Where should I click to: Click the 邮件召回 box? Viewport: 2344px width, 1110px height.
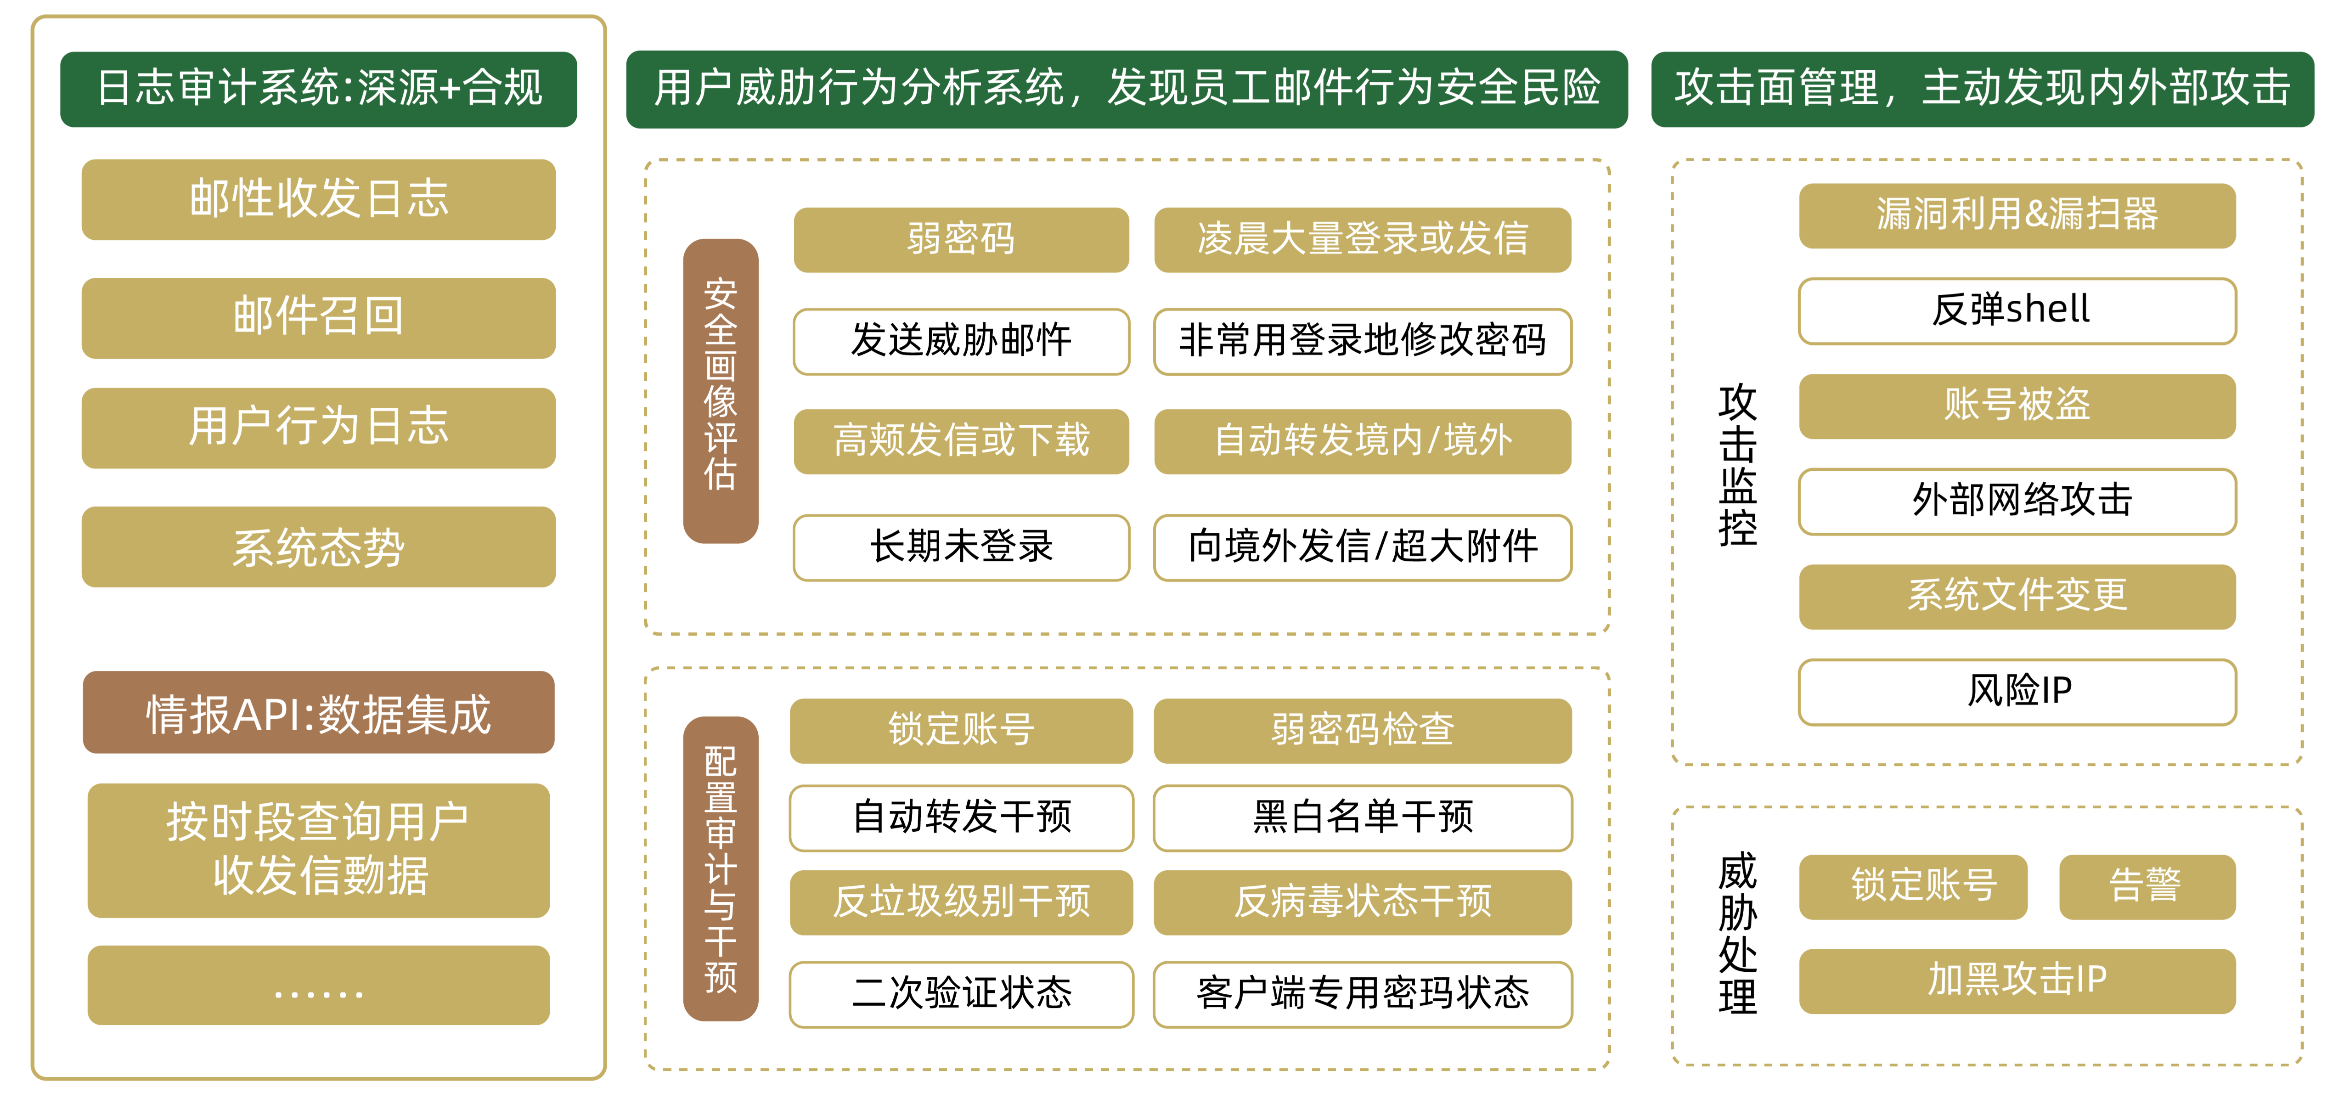pyautogui.click(x=318, y=317)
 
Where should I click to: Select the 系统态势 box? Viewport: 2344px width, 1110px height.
pyautogui.click(x=318, y=547)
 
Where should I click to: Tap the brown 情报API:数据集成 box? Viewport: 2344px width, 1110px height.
pyautogui.click(x=318, y=712)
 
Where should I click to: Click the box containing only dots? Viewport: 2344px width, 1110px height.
pyautogui.click(x=318, y=986)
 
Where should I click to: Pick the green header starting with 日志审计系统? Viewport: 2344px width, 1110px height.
pyautogui.click(x=318, y=89)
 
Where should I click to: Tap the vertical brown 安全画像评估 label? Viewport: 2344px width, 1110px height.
pyautogui.click(x=721, y=391)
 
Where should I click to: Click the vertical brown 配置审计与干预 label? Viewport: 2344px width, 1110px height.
pyautogui.click(x=721, y=869)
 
